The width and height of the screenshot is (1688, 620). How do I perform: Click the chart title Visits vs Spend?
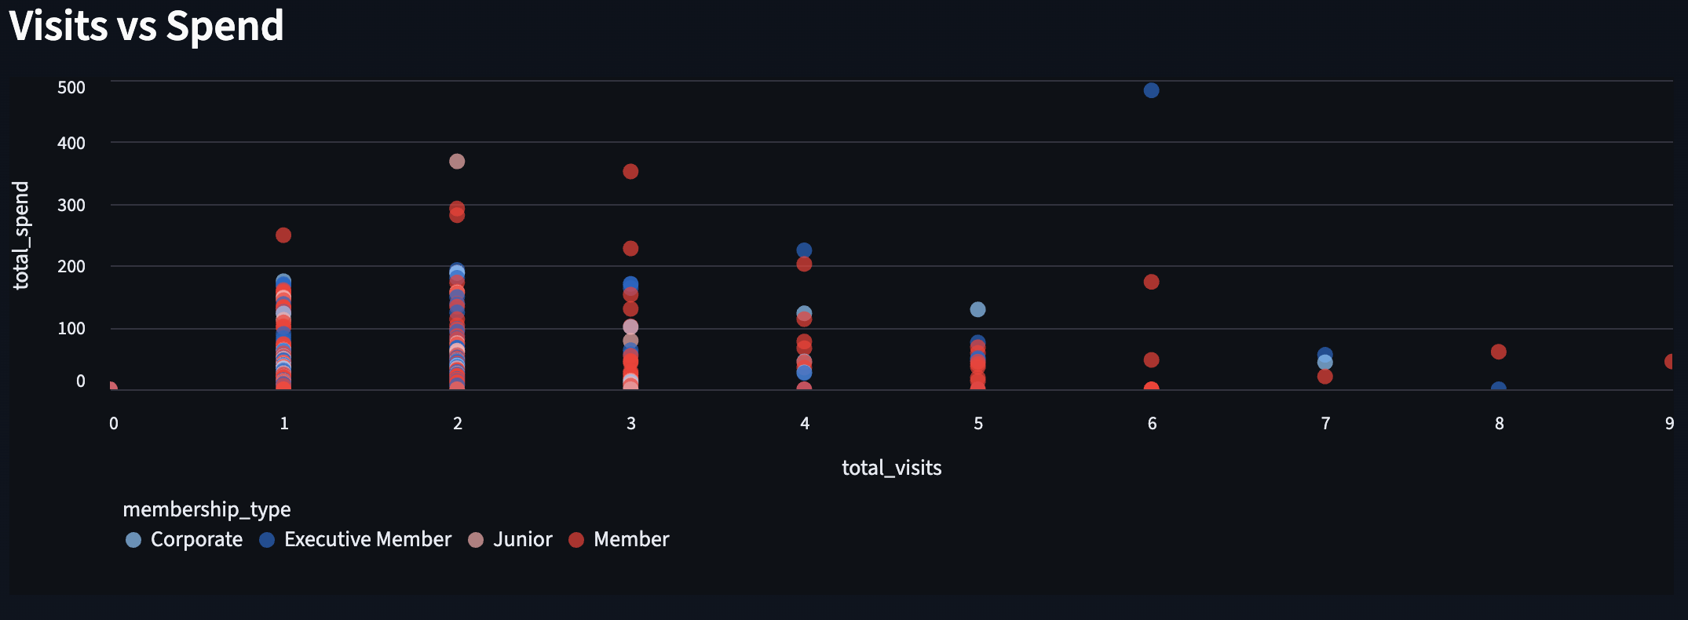[x=146, y=26]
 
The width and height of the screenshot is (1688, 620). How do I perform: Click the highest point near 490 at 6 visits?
[x=1151, y=90]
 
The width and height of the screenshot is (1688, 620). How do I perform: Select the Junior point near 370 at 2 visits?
[x=457, y=162]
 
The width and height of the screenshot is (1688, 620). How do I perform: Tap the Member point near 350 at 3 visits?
[x=630, y=171]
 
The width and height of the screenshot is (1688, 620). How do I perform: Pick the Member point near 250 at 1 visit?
[x=283, y=235]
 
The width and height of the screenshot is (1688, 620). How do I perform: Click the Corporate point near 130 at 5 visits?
[x=977, y=309]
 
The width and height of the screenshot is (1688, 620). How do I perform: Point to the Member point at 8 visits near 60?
[x=1498, y=352]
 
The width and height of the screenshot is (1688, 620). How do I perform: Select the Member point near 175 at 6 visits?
[x=1151, y=282]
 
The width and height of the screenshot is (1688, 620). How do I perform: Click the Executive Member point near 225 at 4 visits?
[x=804, y=250]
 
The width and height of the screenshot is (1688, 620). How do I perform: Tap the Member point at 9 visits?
[x=1670, y=362]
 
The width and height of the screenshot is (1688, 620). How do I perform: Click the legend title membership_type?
[x=206, y=509]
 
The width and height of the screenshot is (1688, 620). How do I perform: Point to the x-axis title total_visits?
[x=891, y=468]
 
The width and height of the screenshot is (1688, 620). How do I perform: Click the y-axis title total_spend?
[x=21, y=235]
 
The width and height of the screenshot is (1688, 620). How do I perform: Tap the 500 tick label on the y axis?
[x=71, y=87]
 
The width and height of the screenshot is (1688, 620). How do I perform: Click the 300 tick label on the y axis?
[x=71, y=205]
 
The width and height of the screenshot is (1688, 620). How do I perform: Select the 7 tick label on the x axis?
[x=1325, y=424]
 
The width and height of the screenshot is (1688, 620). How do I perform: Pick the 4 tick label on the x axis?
[x=805, y=424]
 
